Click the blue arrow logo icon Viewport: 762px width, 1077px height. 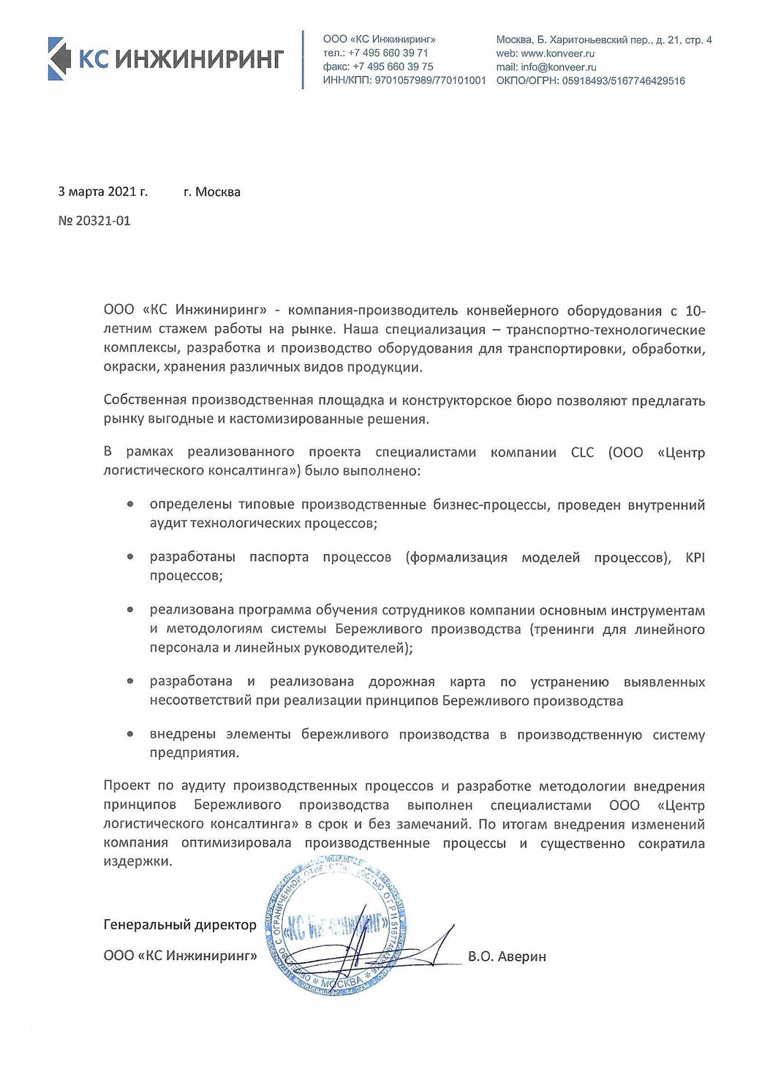[x=59, y=58]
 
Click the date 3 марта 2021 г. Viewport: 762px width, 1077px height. [x=102, y=192]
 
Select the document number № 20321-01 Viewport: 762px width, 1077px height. [x=94, y=220]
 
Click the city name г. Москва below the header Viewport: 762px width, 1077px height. [x=212, y=192]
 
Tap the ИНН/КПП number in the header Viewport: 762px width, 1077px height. [x=430, y=80]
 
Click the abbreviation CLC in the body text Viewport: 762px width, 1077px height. [x=582, y=452]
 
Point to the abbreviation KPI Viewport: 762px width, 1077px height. [x=695, y=557]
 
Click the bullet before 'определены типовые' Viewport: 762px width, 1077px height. [x=130, y=505]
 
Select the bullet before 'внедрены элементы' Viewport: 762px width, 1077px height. [x=130, y=734]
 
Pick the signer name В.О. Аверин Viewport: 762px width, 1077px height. [x=507, y=956]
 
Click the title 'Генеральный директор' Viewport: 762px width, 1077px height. [x=180, y=925]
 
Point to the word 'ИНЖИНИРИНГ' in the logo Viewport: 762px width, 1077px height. [x=199, y=58]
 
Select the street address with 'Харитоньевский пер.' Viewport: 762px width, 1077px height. [x=603, y=39]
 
